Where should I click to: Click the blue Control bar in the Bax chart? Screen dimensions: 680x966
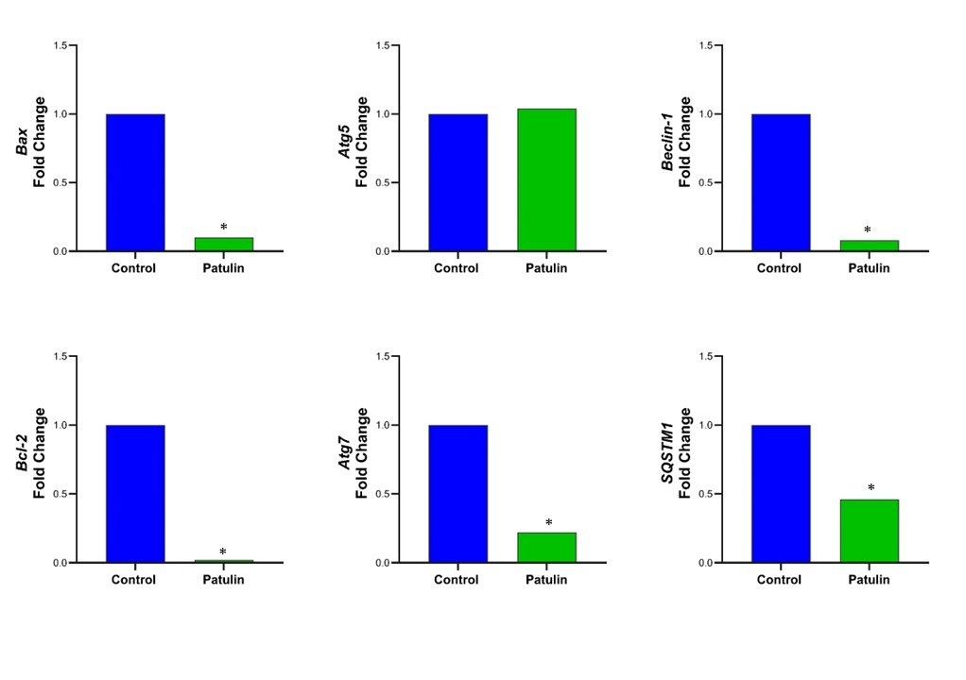coord(135,182)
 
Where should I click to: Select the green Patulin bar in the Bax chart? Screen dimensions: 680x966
coord(223,244)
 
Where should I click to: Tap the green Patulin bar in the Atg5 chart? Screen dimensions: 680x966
coord(546,179)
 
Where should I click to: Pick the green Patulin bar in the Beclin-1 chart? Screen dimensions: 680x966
coord(869,246)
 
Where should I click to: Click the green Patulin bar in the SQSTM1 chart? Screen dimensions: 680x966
coord(869,531)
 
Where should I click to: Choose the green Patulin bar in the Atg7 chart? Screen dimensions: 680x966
coord(546,547)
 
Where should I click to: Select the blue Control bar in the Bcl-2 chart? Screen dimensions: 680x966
coord(135,493)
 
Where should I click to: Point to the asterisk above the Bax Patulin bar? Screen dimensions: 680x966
coord(224,228)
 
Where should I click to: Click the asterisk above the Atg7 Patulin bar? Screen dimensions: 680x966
coord(548,523)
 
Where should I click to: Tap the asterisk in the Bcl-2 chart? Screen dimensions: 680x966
coord(223,552)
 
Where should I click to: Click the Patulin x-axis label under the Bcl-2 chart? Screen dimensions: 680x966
coord(223,579)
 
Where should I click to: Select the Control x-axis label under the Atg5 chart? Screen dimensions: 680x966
coord(457,268)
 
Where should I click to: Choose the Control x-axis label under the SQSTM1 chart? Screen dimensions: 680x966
coord(779,579)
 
